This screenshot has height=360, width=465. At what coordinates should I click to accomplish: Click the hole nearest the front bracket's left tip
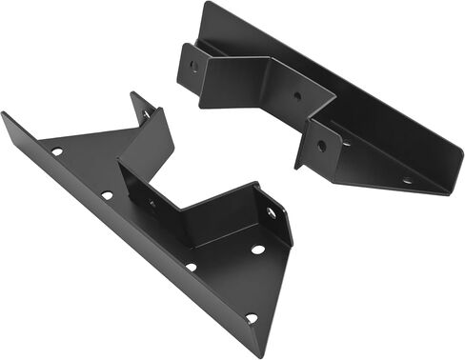pos(57,151)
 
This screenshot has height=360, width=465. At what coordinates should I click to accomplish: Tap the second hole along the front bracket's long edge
pos(107,195)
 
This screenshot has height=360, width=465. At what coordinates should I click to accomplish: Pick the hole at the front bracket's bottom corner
pos(251,318)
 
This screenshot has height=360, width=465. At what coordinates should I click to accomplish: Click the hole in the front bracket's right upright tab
pos(271,213)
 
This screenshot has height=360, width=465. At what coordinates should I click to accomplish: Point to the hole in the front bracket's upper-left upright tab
pos(146,114)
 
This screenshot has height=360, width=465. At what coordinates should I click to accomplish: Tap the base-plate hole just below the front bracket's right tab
pos(257,250)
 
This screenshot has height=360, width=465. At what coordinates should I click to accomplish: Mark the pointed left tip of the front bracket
pos(4,115)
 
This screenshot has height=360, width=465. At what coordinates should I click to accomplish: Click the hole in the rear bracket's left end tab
pos(194,67)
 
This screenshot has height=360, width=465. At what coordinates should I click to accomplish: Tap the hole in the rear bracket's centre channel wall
pos(296,95)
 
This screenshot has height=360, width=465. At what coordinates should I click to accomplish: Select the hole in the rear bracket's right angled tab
pos(321,146)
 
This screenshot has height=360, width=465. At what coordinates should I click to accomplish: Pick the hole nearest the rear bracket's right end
pos(408,180)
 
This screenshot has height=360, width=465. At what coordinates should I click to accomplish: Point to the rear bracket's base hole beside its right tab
pos(347,143)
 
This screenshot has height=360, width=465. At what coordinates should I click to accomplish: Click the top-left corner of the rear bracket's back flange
pos(206,3)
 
